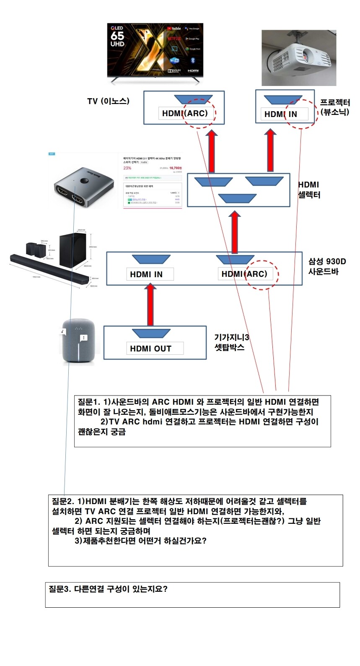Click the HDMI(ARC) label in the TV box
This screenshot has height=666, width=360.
point(185,113)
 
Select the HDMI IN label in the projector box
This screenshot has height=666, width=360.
point(281,114)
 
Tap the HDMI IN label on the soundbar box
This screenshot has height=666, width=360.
point(146,274)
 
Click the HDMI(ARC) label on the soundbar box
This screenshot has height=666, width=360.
point(244,274)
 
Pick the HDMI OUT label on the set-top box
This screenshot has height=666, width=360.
point(150,349)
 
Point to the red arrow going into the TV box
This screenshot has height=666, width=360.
point(212,151)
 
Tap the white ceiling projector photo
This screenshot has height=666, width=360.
point(299,58)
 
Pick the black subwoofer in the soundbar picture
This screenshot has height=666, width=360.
point(74,250)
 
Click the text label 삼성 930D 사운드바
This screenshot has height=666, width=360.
point(327,266)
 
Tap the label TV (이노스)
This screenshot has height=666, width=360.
point(108,101)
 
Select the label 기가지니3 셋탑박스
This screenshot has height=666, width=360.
point(232,342)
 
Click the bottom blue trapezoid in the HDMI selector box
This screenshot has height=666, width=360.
point(238,198)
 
